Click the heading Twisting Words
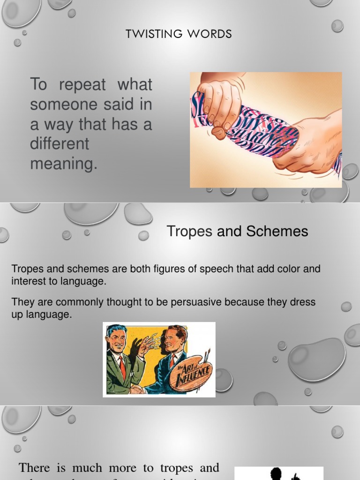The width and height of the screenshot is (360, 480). click(179, 34)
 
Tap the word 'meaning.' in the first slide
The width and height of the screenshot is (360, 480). click(64, 164)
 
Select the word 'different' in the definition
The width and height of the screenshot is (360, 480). click(60, 143)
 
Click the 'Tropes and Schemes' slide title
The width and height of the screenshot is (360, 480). click(237, 231)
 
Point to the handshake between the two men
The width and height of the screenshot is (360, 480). click(137, 389)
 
